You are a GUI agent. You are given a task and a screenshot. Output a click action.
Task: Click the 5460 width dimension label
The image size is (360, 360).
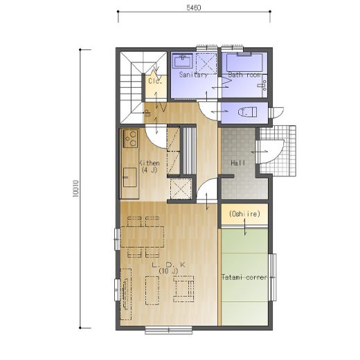tap(194, 8)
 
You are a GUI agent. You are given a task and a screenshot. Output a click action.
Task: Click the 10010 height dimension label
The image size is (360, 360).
tap(76, 189)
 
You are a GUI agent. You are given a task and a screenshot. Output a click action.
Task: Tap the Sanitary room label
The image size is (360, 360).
tap(193, 75)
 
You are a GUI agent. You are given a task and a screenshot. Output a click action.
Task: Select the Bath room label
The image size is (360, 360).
tap(244, 75)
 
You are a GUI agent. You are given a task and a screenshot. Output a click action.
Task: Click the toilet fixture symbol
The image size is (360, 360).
tap(247, 112)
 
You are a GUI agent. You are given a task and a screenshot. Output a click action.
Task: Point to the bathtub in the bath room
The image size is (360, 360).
tap(244, 62)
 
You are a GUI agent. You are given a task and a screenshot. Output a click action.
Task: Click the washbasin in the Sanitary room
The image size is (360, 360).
tap(183, 61)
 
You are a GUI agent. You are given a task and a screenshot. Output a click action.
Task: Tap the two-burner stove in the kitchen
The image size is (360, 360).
tap(131, 138)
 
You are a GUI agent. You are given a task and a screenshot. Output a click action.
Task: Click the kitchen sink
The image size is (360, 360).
tap(129, 177)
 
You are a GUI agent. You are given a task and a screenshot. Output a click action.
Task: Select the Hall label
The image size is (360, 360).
tap(238, 163)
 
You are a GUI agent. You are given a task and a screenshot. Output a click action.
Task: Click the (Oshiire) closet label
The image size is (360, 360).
tap(244, 214)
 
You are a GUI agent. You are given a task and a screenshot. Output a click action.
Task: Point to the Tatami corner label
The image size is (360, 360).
tap(244, 277)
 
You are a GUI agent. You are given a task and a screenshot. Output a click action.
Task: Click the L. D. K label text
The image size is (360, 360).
tap(169, 264)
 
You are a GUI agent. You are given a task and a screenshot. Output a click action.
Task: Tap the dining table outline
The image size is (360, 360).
tap(142, 237)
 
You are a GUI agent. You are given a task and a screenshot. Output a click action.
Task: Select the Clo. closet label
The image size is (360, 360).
tap(155, 81)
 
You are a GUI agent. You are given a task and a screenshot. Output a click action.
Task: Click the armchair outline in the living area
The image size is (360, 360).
tap(183, 289)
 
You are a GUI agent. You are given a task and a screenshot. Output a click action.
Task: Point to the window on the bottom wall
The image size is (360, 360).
tap(169, 330)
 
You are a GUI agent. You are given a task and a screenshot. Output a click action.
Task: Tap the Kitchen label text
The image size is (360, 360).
tap(150, 163)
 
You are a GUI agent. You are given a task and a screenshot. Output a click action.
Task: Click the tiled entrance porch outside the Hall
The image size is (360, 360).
tap(278, 151)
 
